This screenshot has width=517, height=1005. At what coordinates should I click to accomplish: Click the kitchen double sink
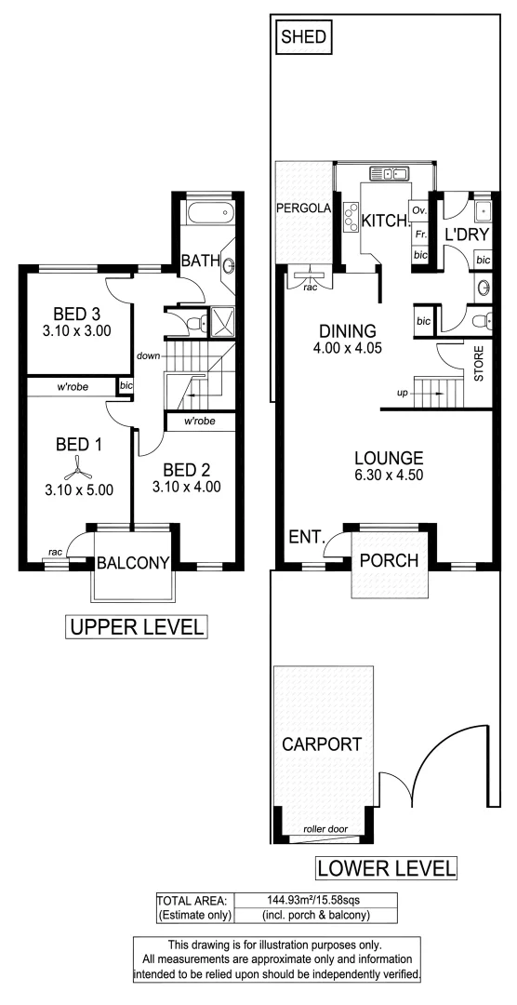coord(390,172)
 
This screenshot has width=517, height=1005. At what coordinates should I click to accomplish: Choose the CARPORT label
coord(324,744)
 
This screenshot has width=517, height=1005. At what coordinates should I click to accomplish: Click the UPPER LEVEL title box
coord(136,627)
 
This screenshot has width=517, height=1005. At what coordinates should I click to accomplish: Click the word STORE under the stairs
coord(480,365)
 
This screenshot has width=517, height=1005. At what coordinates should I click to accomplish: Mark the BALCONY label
coord(133,562)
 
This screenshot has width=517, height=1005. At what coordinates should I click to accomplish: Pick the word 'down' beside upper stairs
coord(149,355)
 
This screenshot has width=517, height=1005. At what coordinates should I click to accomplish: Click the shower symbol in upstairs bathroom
coord(221,324)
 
